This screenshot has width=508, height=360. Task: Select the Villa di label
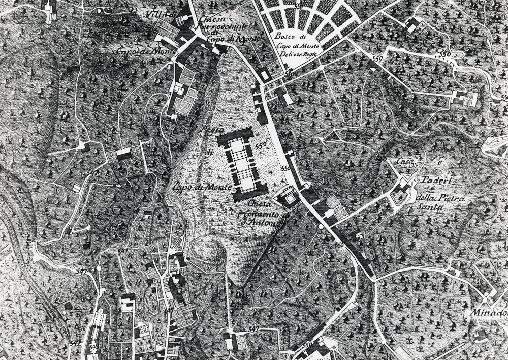(164, 14)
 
